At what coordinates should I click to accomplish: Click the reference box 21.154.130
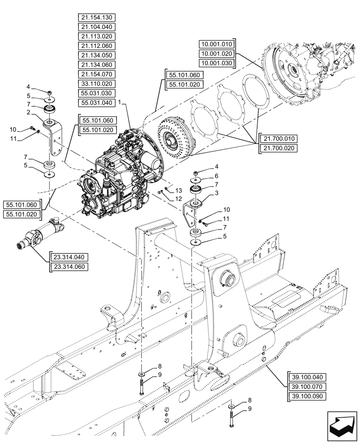(x=97, y=18)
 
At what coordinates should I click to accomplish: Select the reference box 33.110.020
(x=97, y=84)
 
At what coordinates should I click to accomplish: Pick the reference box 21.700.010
(x=278, y=139)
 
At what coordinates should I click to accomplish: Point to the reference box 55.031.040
(x=97, y=103)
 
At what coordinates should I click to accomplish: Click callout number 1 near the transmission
(x=120, y=102)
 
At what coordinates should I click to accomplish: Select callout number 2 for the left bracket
(x=27, y=113)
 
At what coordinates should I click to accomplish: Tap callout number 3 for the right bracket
(x=217, y=193)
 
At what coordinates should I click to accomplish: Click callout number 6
(x=217, y=176)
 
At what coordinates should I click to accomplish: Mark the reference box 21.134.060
(x=97, y=65)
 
